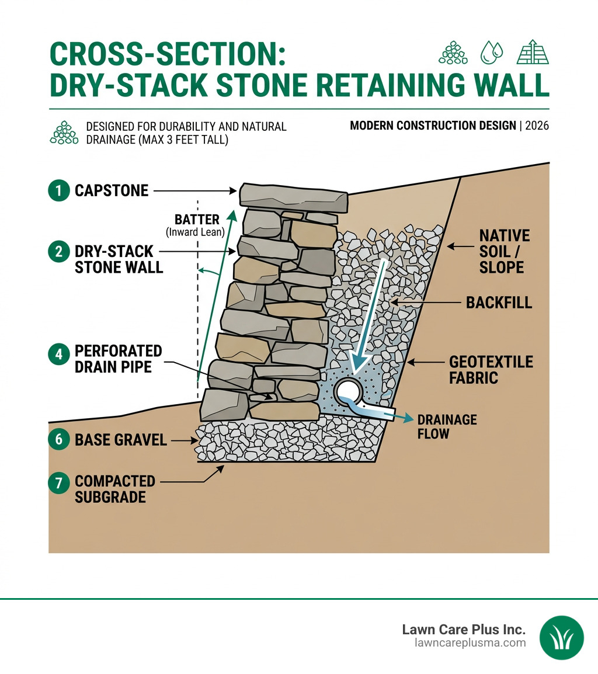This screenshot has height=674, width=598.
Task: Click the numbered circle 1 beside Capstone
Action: (x=58, y=190)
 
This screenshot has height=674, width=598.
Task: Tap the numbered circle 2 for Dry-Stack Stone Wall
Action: (x=58, y=251)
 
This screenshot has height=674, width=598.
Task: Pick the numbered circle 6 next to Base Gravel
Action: (x=58, y=440)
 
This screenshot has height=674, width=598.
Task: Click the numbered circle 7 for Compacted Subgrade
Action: (x=58, y=482)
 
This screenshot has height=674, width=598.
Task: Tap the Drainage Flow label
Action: (x=447, y=426)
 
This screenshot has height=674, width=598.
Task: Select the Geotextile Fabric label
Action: (x=491, y=370)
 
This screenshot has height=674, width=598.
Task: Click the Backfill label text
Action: (x=499, y=302)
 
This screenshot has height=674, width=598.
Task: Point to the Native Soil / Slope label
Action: (x=504, y=251)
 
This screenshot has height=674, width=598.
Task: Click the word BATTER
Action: (x=197, y=220)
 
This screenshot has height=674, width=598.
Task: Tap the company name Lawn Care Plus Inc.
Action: (x=464, y=630)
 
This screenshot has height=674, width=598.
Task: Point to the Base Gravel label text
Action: (x=121, y=440)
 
